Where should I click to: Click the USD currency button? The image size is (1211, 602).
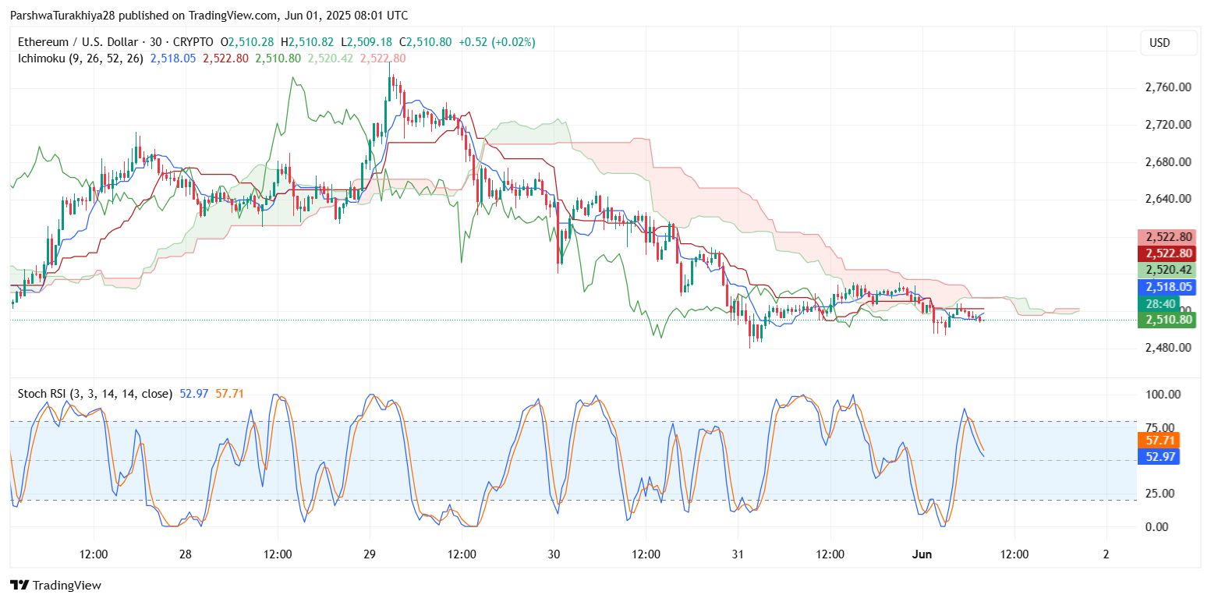point(1160,43)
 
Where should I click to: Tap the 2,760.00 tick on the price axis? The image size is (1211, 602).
point(1167,87)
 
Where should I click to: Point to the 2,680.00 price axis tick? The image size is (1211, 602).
point(1167,162)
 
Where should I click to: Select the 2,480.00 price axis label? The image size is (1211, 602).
point(1167,347)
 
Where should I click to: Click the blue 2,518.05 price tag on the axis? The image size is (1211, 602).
point(1167,287)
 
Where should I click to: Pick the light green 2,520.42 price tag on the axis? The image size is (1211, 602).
point(1167,270)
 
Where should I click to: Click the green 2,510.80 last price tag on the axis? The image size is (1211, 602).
point(1167,320)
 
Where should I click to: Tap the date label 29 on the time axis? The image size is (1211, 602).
point(370,554)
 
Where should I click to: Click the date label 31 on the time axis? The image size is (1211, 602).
point(738,554)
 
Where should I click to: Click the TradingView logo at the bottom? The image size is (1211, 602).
point(55,585)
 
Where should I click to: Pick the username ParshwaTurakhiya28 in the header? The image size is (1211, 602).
point(61,16)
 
